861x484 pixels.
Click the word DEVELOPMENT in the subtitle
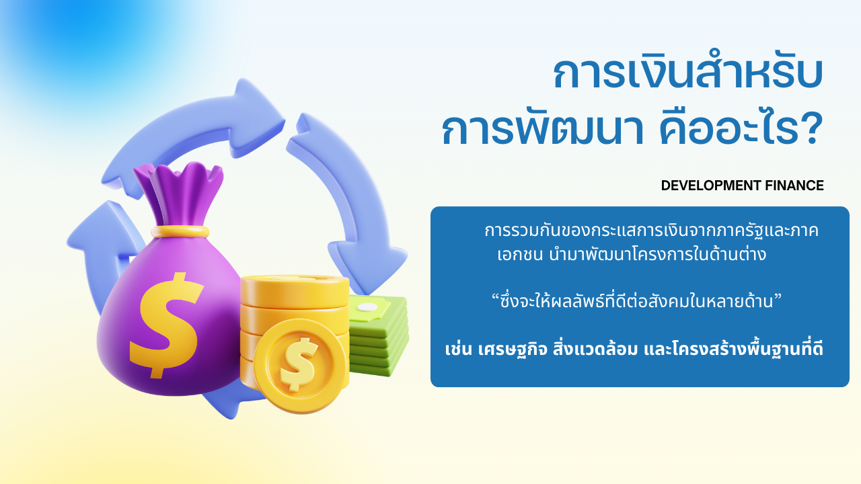click(x=711, y=186)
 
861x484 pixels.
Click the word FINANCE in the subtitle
click(x=794, y=186)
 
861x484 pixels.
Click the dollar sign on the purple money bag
click(x=166, y=325)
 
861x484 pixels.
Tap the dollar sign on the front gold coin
click(x=299, y=364)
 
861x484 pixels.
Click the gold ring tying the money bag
click(x=180, y=232)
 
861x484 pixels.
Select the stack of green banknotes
click(x=378, y=335)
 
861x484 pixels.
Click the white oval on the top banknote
click(x=368, y=307)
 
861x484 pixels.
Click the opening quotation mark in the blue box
click(x=496, y=297)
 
